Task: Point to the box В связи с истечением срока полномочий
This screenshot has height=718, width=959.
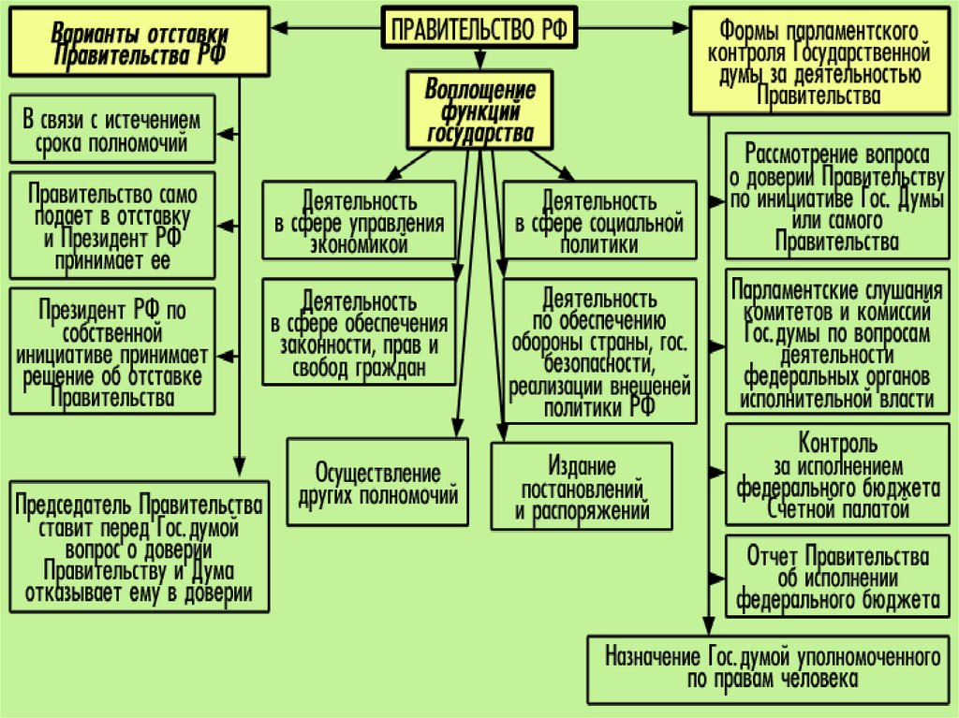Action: (x=112, y=129)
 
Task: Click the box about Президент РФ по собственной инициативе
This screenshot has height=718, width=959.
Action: (x=112, y=351)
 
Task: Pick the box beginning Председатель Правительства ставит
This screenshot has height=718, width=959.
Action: (x=138, y=546)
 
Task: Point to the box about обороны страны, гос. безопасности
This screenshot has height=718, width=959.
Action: (x=599, y=352)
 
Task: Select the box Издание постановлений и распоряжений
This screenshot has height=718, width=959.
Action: (x=581, y=488)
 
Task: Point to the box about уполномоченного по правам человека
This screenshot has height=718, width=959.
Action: (x=772, y=667)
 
